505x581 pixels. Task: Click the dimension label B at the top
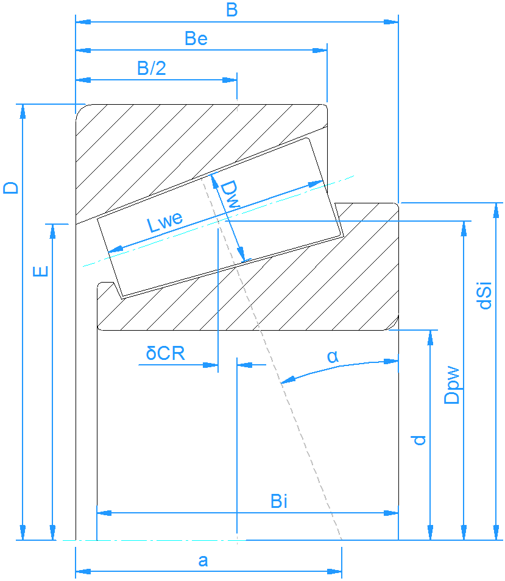pyautogui.click(x=231, y=10)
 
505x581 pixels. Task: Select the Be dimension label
pyautogui.click(x=196, y=39)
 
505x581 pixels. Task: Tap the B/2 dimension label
pyautogui.click(x=151, y=68)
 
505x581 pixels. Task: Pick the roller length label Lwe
pyautogui.click(x=164, y=222)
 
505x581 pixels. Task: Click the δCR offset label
pyautogui.click(x=165, y=354)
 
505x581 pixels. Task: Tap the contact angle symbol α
pyautogui.click(x=332, y=357)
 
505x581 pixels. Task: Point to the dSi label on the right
pyautogui.click(x=485, y=295)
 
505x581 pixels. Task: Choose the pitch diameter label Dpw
pyautogui.click(x=452, y=385)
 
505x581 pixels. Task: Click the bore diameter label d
pyautogui.click(x=418, y=440)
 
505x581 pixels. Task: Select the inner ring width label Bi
pyautogui.click(x=279, y=502)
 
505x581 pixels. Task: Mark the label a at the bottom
pyautogui.click(x=203, y=561)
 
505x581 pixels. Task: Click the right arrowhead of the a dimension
pyautogui.click(x=335, y=571)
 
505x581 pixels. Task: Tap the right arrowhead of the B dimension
pyautogui.click(x=391, y=22)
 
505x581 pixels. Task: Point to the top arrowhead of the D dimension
pyautogui.click(x=23, y=111)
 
